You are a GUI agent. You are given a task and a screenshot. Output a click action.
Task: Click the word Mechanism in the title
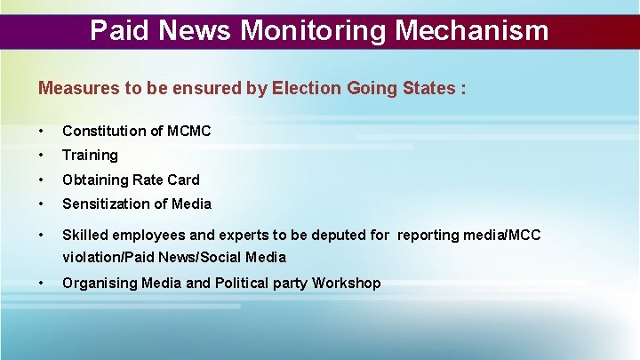pyautogui.click(x=472, y=31)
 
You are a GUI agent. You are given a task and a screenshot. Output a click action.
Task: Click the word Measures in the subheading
pyautogui.click(x=74, y=89)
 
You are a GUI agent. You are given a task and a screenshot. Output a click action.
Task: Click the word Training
pyautogui.click(x=90, y=156)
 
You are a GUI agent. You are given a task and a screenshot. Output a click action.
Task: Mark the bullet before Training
pyautogui.click(x=42, y=156)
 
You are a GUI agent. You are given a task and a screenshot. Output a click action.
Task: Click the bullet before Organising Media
pyautogui.click(x=42, y=284)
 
